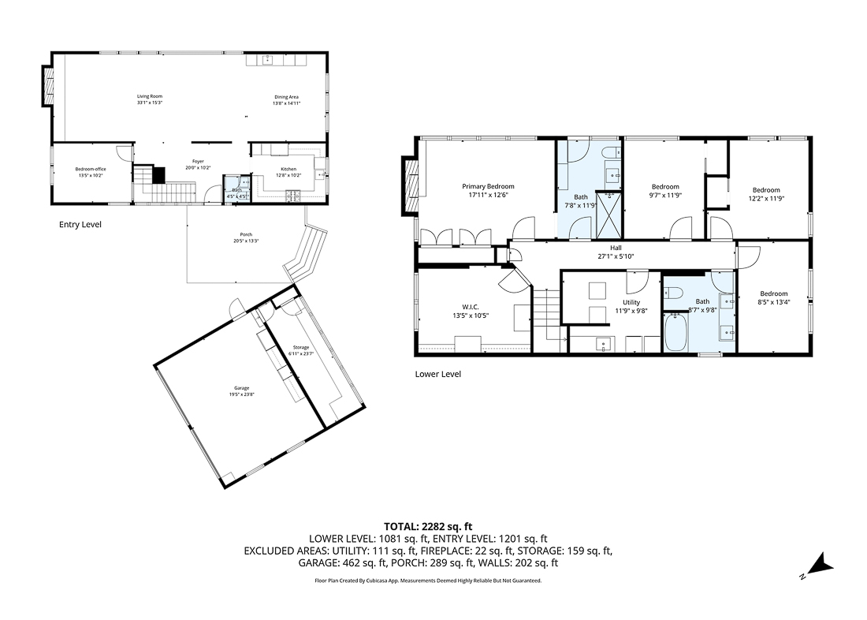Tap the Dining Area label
pos(286,96)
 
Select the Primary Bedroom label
pos(488,187)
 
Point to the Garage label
pos(241,388)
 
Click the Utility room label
pos(631,302)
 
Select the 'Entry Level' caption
pos(80,225)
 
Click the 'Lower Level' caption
pos(437,374)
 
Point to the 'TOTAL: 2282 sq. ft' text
pos(428,526)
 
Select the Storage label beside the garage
pos(301,348)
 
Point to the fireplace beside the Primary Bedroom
pos(409,185)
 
